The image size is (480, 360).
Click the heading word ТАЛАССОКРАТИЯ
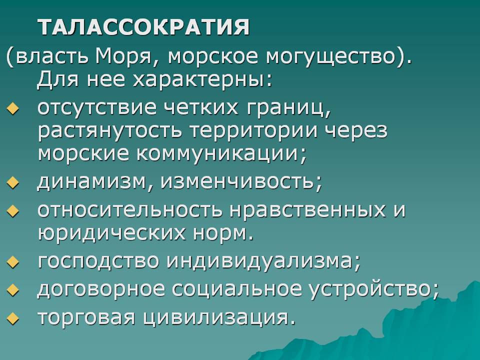click(143, 27)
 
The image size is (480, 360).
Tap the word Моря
click(123, 56)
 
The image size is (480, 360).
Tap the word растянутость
click(109, 130)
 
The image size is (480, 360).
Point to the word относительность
click(130, 209)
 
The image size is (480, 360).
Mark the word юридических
click(111, 233)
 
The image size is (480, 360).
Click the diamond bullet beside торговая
click(12, 318)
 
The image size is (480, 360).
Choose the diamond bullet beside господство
click(12, 262)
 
